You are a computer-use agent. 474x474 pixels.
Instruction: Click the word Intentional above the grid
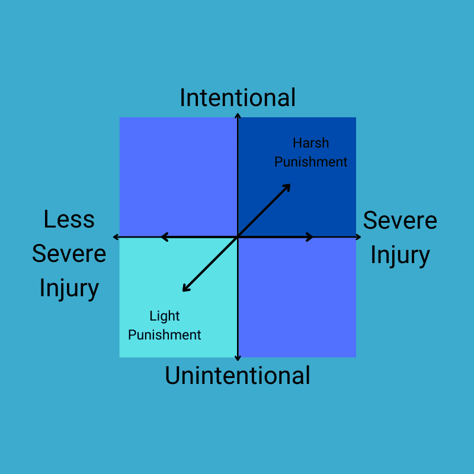point(237,98)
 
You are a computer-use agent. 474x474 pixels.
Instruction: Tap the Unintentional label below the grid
point(237,376)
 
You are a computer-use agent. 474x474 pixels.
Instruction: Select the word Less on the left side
point(69,219)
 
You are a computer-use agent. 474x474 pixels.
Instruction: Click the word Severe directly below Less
point(69,254)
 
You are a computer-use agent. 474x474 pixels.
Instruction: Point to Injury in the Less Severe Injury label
point(69,288)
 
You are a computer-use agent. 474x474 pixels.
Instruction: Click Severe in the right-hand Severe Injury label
point(400,220)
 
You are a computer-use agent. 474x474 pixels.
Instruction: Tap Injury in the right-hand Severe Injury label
point(400,255)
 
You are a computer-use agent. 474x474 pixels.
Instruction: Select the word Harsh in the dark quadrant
point(310,143)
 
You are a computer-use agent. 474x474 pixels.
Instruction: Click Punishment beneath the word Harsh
point(310,162)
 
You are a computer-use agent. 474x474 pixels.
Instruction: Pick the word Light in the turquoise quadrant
point(164,316)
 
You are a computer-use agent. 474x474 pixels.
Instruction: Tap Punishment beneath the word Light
point(164,335)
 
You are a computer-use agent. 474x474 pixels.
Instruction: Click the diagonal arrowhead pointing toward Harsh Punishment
point(288,186)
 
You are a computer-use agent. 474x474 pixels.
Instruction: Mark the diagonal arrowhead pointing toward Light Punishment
point(185,289)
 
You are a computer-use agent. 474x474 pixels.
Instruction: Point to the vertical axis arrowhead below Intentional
point(237,114)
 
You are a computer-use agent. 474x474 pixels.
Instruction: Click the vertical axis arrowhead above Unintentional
point(237,358)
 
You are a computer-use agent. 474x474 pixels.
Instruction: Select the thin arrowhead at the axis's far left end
point(115,237)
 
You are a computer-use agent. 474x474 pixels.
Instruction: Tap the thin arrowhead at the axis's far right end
point(359,237)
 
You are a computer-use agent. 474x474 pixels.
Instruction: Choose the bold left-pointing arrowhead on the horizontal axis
point(164,237)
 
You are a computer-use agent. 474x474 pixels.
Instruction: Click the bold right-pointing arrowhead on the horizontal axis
point(310,237)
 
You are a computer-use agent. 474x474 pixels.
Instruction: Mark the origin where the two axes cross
point(237,237)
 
